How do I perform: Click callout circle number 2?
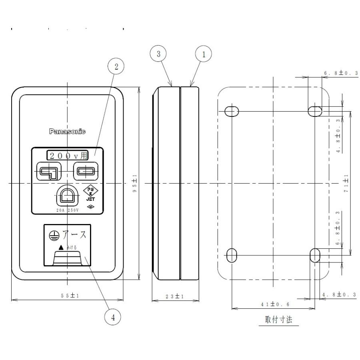[x=116, y=67]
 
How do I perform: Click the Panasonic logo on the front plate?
[x=67, y=132]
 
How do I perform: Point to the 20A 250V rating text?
[x=66, y=209]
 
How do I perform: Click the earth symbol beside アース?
[x=51, y=235]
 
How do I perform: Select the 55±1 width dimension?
[x=67, y=295]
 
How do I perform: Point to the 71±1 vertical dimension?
[x=346, y=183]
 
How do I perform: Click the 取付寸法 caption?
[x=278, y=320]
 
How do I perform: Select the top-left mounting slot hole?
[x=232, y=111]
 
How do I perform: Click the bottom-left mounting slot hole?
[x=232, y=255]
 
